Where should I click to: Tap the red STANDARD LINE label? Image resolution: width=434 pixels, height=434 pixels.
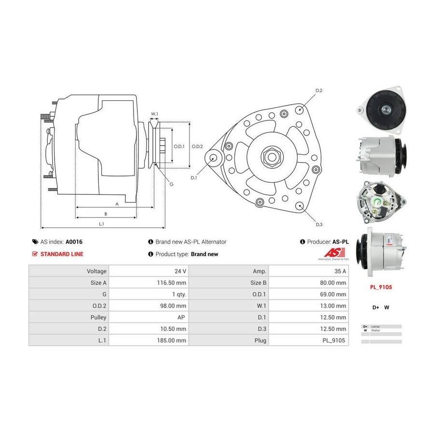pos(62,254)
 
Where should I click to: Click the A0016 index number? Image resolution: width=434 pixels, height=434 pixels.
pos(74,242)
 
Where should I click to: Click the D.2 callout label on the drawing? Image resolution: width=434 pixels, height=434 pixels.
pos(319,91)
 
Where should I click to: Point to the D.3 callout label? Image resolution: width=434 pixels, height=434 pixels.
pos(319,224)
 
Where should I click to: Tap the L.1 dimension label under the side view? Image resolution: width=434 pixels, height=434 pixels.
pos(102,224)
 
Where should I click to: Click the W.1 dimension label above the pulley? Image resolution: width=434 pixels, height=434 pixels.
pos(154,114)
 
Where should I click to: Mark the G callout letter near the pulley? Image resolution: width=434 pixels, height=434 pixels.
pos(172,184)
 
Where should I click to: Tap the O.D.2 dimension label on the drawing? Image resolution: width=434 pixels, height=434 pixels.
pos(197,147)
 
